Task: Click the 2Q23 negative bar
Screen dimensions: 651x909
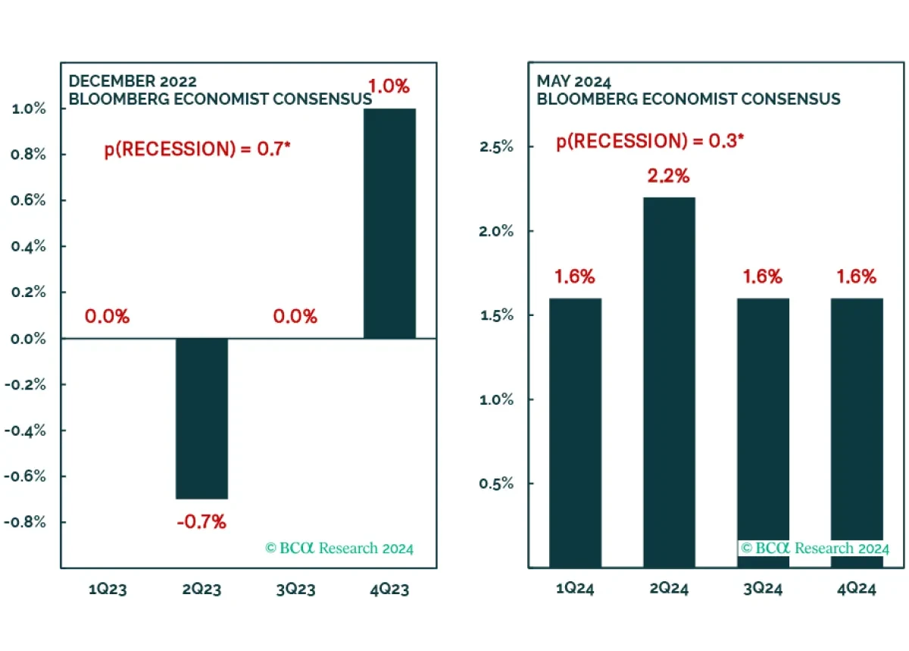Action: point(201,418)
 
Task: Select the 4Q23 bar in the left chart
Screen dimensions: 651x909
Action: point(389,223)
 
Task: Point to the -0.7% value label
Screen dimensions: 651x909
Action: point(201,522)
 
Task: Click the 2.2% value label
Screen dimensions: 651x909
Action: point(669,177)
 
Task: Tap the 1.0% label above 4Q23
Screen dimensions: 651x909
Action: point(389,86)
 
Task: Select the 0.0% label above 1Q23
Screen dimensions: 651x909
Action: point(107,317)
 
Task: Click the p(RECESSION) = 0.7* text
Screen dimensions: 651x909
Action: point(198,149)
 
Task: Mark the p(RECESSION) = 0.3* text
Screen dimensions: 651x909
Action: point(650,142)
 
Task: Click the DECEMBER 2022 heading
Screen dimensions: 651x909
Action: point(133,81)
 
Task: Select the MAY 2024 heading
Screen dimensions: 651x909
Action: point(574,81)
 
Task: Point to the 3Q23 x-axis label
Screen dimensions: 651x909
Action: point(295,589)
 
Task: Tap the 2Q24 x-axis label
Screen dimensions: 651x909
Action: point(669,589)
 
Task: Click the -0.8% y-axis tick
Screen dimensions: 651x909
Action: point(27,522)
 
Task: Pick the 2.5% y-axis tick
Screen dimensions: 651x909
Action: point(497,146)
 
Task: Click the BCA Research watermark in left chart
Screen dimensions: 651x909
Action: point(339,548)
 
